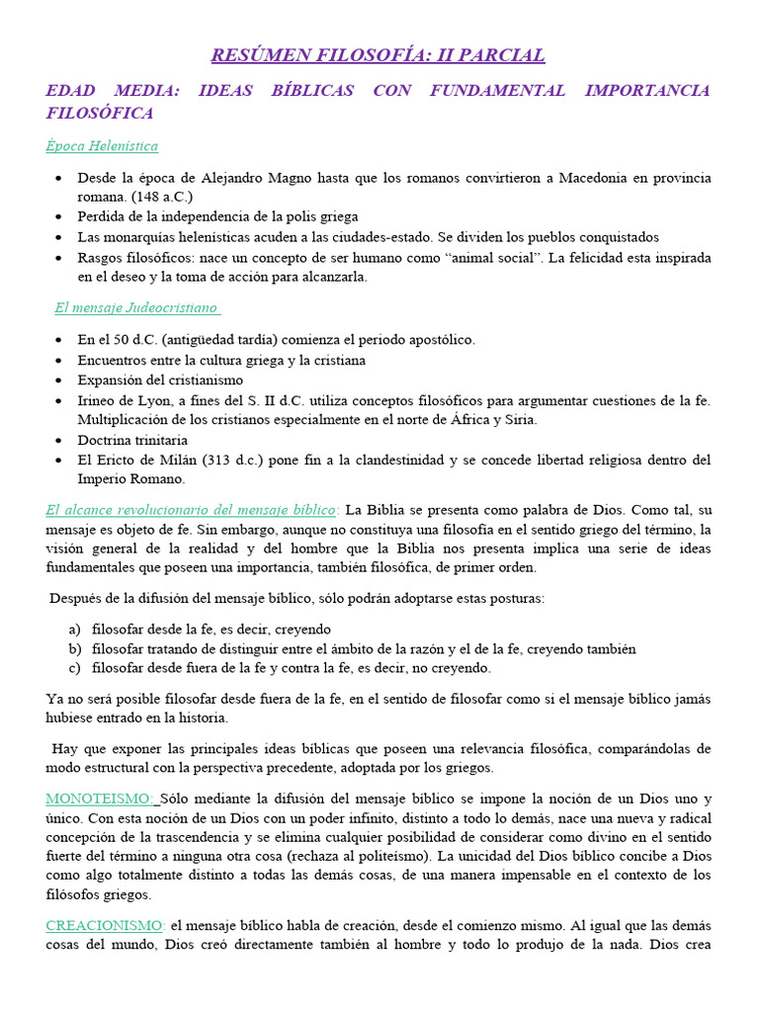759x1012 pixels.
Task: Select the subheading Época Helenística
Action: [102, 145]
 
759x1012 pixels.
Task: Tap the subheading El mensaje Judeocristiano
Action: [135, 307]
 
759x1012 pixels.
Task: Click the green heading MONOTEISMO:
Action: [100, 798]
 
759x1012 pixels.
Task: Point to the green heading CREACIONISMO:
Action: [106, 925]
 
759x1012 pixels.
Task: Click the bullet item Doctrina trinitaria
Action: [132, 440]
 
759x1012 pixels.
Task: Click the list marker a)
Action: [75, 629]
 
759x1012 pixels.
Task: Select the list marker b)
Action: [75, 648]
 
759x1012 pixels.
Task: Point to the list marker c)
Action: [75, 668]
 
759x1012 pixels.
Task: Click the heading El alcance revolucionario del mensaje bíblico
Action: [192, 510]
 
